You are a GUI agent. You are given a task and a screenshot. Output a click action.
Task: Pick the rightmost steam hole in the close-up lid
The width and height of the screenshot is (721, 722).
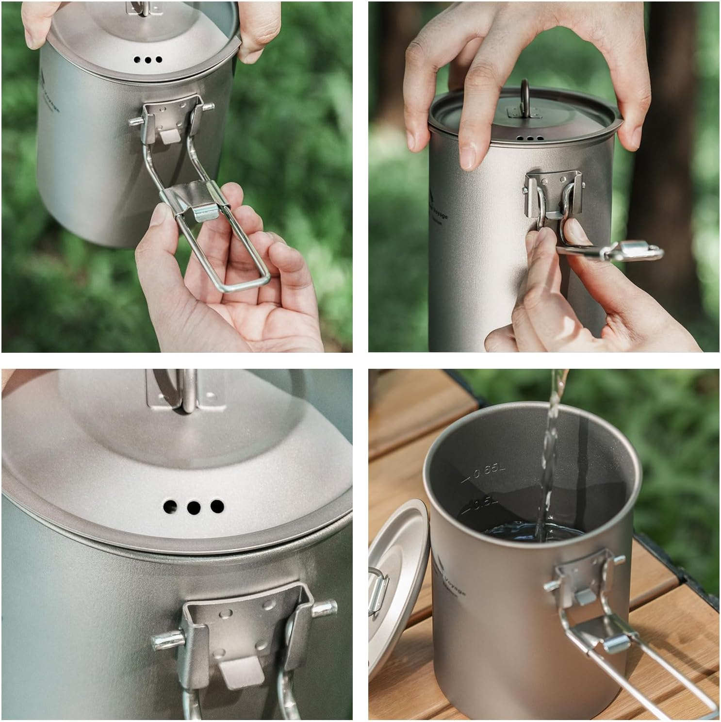click(x=216, y=507)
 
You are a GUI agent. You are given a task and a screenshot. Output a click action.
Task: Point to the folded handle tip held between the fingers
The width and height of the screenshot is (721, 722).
click(x=631, y=251)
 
